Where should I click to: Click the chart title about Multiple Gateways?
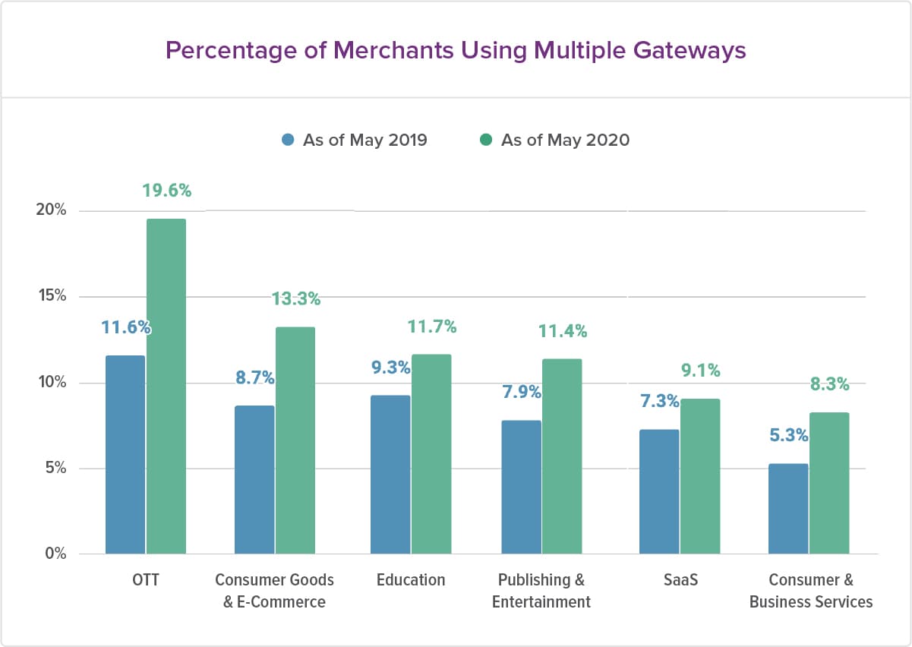[x=456, y=50]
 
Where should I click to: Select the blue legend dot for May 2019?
[x=288, y=140]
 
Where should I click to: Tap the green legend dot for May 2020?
[x=486, y=140]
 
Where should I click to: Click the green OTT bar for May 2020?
[x=166, y=387]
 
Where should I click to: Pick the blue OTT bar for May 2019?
[x=125, y=455]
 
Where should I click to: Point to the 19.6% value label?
[x=167, y=191]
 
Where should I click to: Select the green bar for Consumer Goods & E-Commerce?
[x=295, y=440]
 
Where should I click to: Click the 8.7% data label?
[x=254, y=377]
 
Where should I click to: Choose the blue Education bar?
[x=390, y=475]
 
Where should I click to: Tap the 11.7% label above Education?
[x=431, y=327]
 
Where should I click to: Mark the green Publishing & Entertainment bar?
[x=563, y=456]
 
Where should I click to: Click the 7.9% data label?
[x=521, y=392]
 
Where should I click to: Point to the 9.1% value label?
[x=700, y=371]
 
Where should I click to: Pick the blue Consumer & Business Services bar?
[x=788, y=509]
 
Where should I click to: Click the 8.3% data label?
[x=829, y=384]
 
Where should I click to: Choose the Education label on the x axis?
[x=411, y=580]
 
